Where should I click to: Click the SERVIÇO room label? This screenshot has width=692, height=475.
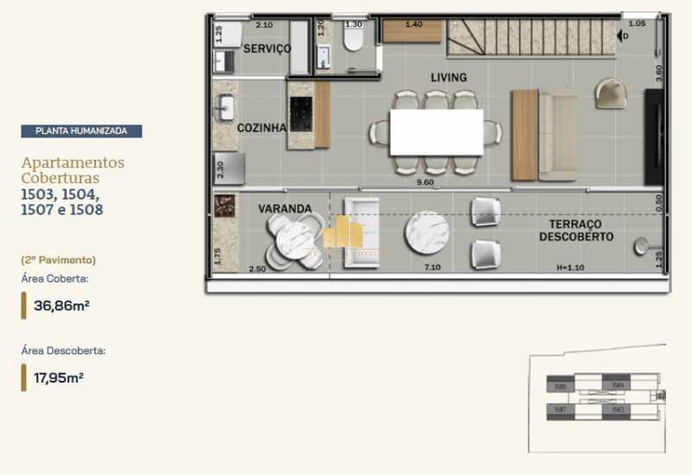(x=266, y=49)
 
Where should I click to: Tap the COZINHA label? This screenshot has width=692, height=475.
(x=261, y=128)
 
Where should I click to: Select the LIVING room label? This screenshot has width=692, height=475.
(x=448, y=78)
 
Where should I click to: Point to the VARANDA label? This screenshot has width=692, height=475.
(x=285, y=209)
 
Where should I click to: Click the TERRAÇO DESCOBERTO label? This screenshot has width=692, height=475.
(x=575, y=230)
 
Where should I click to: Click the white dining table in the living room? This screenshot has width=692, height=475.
(x=436, y=132)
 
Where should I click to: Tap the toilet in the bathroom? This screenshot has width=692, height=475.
(x=353, y=42)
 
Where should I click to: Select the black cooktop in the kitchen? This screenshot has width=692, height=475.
(x=301, y=113)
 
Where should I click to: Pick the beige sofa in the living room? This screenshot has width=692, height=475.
(x=557, y=136)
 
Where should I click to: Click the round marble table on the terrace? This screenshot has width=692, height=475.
(x=426, y=233)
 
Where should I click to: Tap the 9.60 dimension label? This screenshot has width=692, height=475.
(x=423, y=182)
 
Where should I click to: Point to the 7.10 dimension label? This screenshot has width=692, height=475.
(x=432, y=269)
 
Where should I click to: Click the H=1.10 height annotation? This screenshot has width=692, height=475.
(x=570, y=269)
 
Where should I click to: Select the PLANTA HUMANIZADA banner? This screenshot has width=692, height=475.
(x=81, y=131)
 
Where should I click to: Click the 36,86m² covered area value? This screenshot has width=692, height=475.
(x=58, y=305)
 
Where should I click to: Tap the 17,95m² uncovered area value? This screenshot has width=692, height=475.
(x=58, y=377)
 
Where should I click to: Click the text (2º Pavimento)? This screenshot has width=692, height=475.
(x=58, y=259)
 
